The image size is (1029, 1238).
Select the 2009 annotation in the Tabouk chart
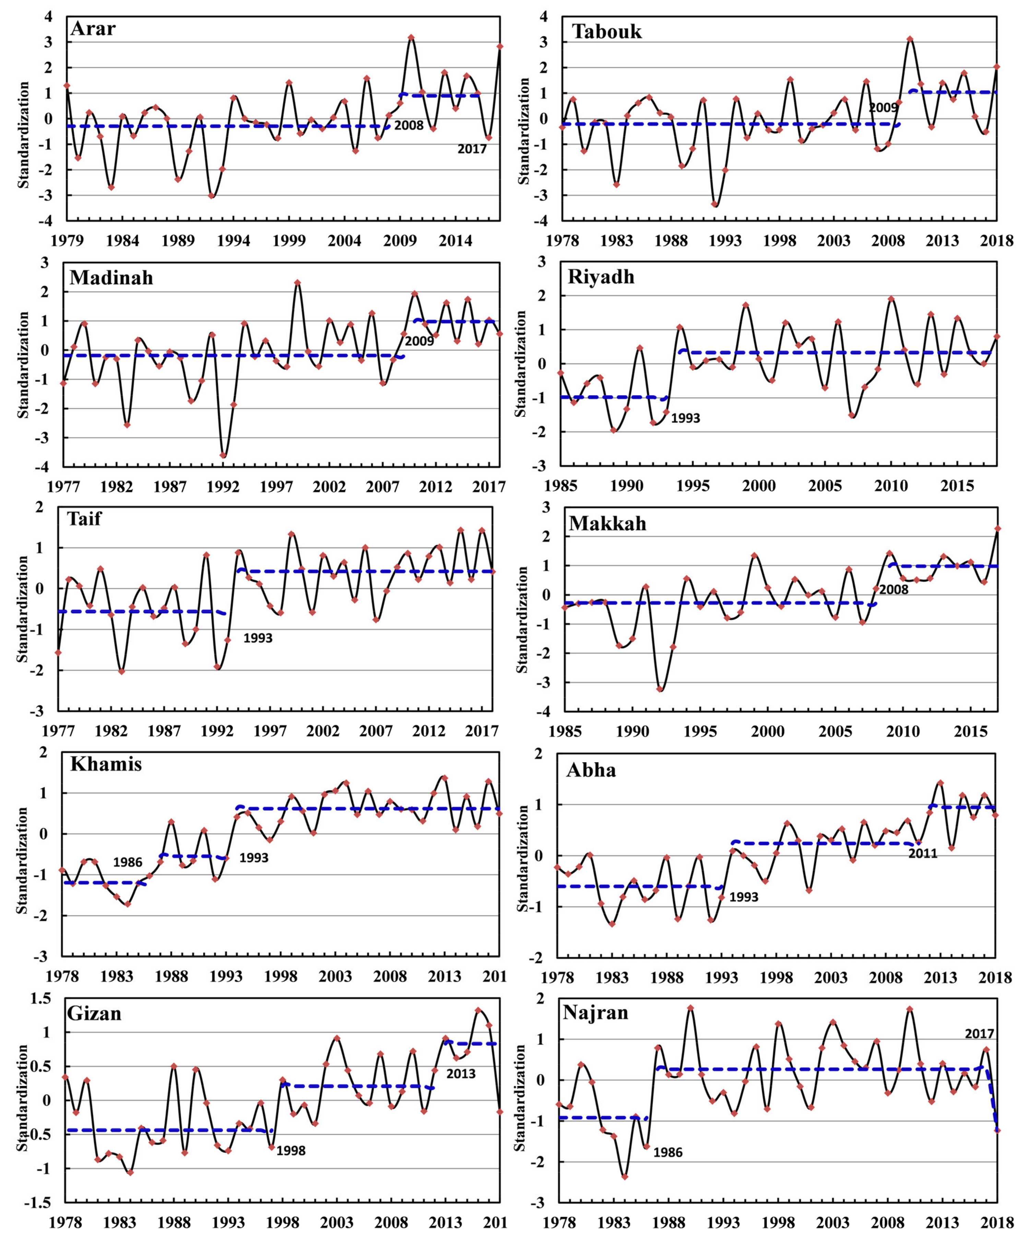[x=883, y=107]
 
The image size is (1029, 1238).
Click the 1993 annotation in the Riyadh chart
[x=685, y=418]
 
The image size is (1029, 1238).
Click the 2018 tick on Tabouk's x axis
[x=996, y=240]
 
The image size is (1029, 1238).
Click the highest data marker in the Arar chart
[x=411, y=37]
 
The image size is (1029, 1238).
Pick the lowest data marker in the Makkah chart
[x=660, y=689]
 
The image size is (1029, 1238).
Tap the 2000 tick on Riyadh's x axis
[x=759, y=486]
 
